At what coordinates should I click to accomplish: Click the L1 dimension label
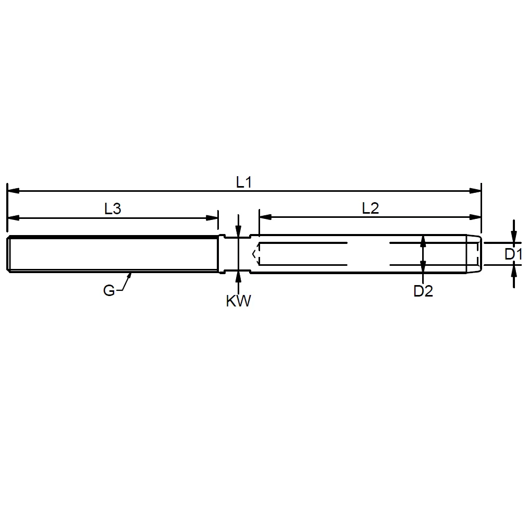(243, 182)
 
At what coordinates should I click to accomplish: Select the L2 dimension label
(371, 208)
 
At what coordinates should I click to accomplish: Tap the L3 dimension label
(113, 209)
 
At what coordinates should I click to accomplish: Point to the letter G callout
(108, 290)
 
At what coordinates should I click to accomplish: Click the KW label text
(238, 301)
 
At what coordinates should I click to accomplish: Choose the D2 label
(423, 291)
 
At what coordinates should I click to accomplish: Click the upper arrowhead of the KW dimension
(238, 233)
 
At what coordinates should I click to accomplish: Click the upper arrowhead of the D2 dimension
(423, 240)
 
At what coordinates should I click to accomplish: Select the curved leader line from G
(125, 284)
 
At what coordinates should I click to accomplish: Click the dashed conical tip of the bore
(255, 254)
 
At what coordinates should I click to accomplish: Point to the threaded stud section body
(113, 254)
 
